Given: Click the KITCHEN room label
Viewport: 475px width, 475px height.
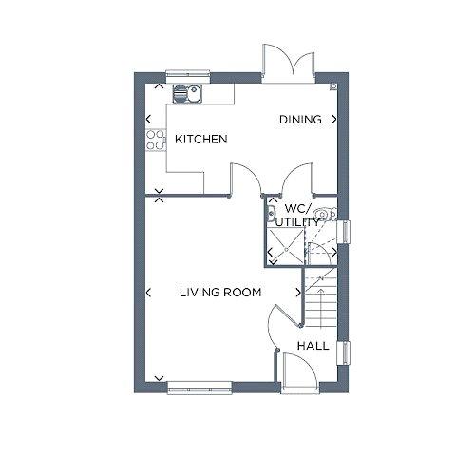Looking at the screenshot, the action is click(201, 139).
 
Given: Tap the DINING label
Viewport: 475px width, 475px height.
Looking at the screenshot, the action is click(300, 120).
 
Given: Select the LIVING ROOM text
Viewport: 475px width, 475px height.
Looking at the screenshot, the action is click(220, 293).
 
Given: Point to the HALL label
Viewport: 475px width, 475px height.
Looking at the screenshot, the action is click(313, 346).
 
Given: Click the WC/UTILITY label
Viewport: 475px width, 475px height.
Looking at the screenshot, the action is click(297, 216).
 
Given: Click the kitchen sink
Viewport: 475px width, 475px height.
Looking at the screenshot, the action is click(187, 93).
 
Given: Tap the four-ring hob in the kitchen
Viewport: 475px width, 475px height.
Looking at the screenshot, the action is click(156, 140).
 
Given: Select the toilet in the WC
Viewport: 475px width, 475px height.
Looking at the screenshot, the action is click(325, 215).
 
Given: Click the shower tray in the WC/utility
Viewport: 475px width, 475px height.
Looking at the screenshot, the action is click(286, 247).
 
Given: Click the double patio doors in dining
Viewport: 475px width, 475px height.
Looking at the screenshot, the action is click(289, 64).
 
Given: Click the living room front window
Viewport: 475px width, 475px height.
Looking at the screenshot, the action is click(199, 388).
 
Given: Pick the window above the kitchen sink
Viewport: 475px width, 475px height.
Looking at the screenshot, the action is click(188, 73).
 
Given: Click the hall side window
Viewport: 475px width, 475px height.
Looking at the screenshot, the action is click(344, 353).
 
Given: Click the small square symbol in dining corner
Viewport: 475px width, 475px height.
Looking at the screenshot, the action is click(333, 86).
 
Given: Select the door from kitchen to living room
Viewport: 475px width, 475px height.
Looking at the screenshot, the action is click(246, 180).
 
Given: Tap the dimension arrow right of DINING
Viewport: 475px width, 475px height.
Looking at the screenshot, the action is click(333, 120).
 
